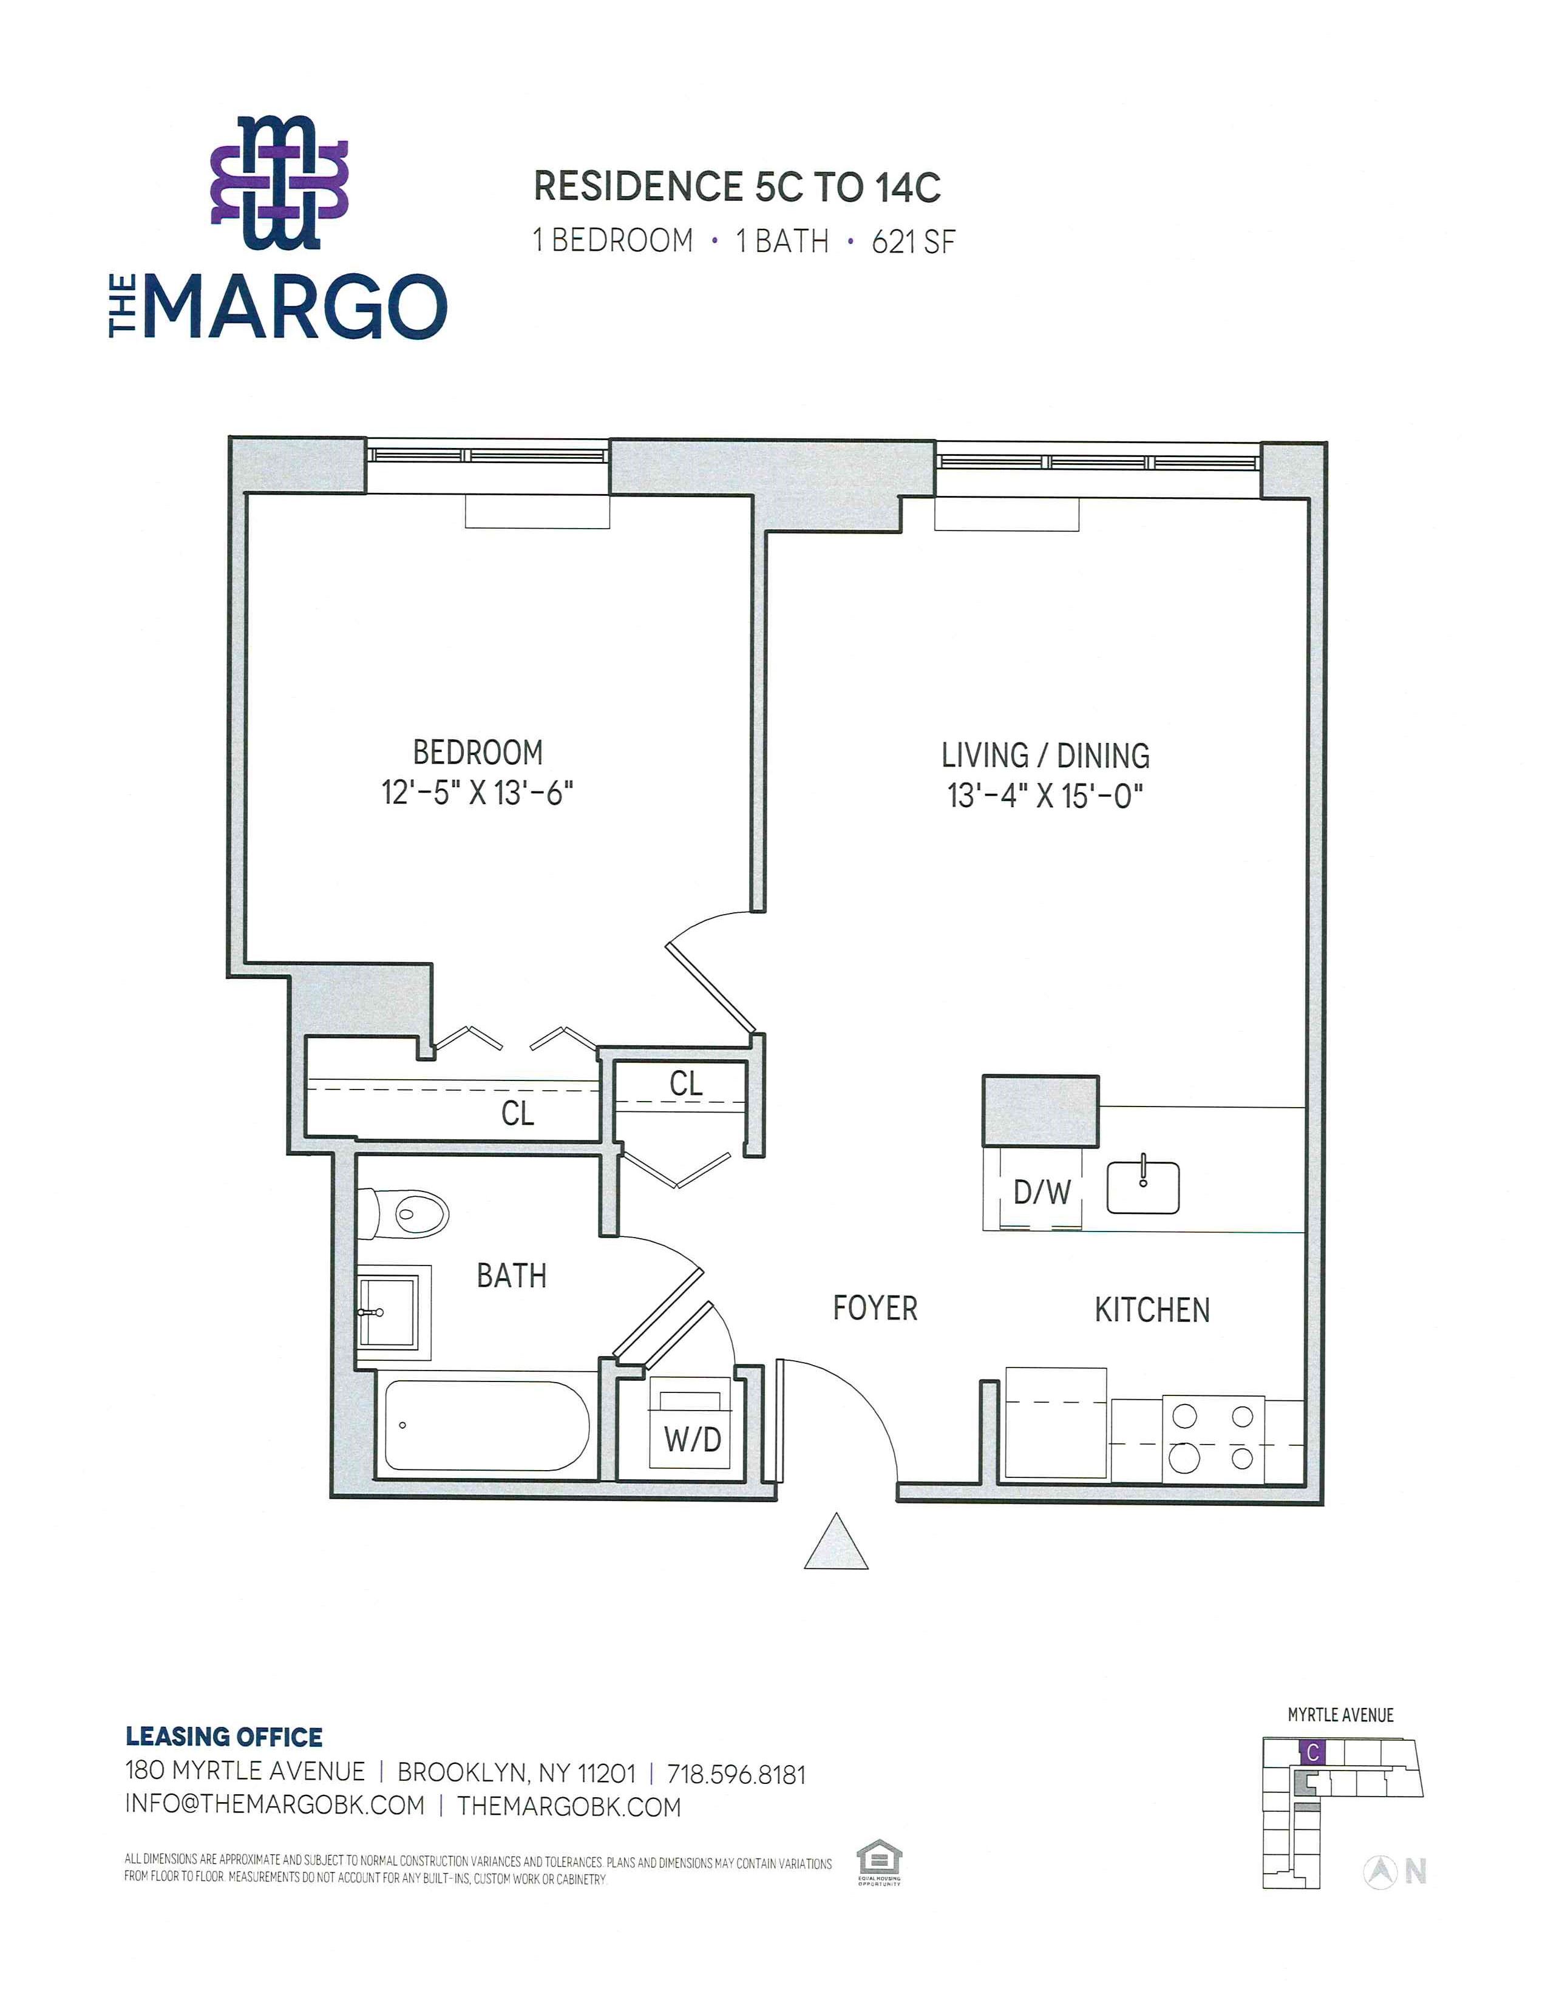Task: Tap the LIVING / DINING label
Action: click(x=1045, y=756)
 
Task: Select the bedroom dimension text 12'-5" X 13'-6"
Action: click(x=478, y=792)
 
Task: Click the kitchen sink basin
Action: click(x=1142, y=1188)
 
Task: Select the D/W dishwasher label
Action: click(x=1042, y=1192)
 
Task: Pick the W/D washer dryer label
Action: click(x=693, y=1440)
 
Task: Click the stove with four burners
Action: click(x=1214, y=1439)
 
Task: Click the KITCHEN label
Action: click(x=1152, y=1310)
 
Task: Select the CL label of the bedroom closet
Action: click(x=517, y=1113)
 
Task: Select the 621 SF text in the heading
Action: click(x=914, y=241)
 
